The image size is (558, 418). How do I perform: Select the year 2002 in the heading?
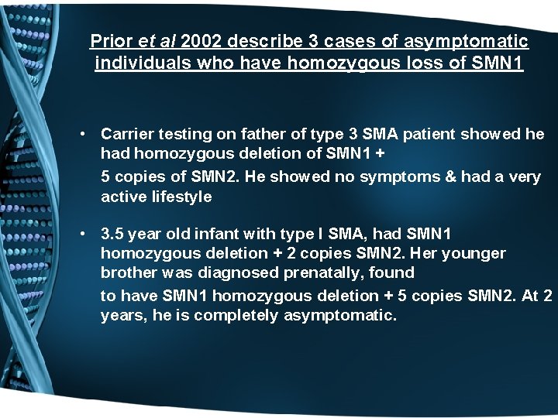[203, 40]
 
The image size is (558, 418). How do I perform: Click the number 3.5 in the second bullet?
[113, 233]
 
